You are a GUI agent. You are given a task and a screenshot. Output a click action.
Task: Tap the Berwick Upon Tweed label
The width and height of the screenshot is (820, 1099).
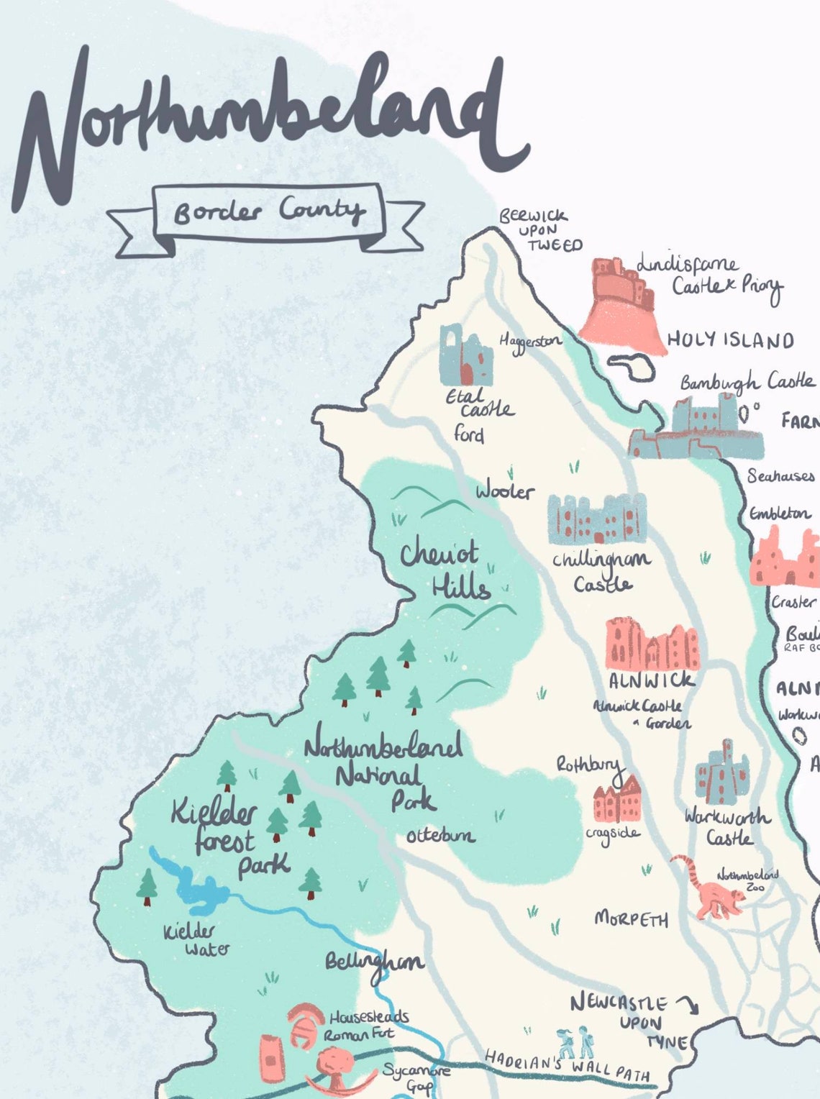[538, 230]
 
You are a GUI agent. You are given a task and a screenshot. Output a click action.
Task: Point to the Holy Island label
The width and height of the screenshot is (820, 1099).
[730, 340]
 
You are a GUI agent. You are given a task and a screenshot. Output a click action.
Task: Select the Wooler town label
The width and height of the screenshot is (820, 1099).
[505, 491]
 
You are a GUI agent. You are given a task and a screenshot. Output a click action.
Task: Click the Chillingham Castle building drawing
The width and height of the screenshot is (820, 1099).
[596, 519]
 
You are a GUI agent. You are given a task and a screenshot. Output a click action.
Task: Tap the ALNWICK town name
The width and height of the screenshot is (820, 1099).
[652, 680]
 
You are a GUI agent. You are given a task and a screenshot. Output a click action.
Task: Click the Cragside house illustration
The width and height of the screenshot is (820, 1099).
[617, 800]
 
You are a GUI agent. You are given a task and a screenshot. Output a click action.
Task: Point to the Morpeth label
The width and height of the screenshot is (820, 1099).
[631, 918]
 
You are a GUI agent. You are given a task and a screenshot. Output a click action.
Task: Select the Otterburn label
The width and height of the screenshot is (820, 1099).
[440, 835]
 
